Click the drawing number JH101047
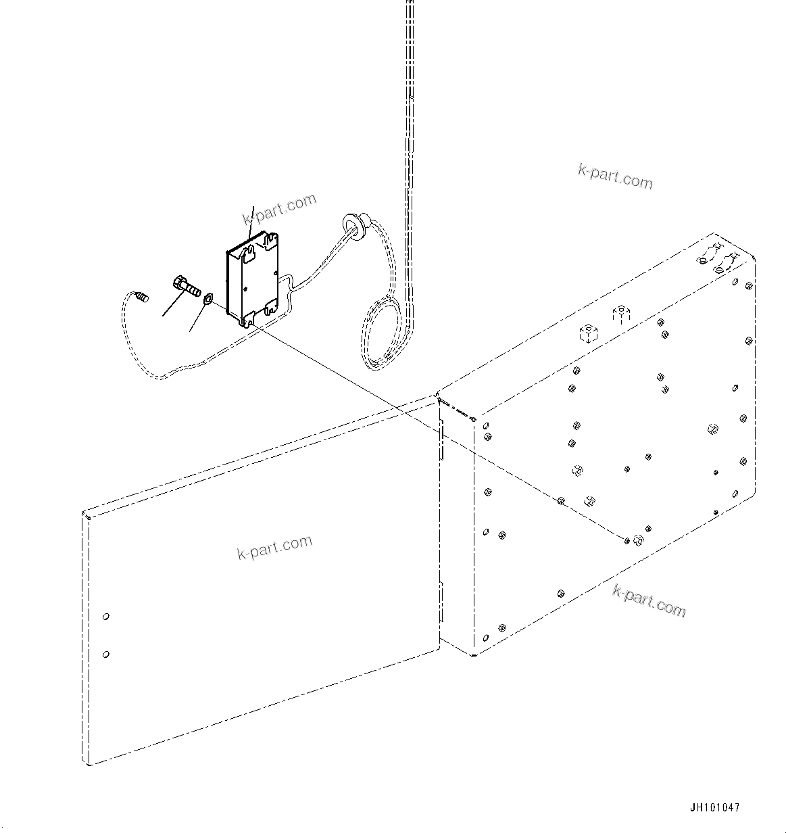(x=715, y=807)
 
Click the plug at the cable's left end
(x=141, y=297)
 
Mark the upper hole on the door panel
(x=105, y=617)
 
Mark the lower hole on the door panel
(x=105, y=654)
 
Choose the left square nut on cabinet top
(x=587, y=333)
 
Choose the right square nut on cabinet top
(x=620, y=314)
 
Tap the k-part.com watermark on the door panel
(x=274, y=547)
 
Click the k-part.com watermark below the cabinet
(x=649, y=600)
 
